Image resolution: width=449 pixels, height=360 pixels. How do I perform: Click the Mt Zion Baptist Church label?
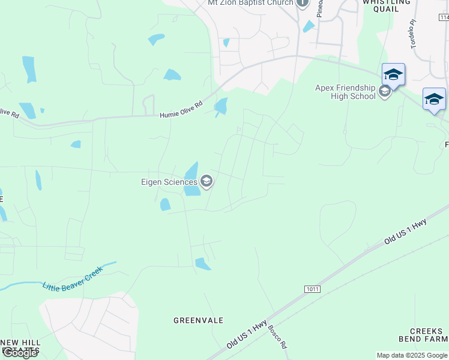point(250,3)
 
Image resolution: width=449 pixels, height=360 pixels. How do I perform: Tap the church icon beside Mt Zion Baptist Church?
point(303,2)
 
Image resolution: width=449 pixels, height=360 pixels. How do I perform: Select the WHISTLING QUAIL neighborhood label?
point(387,5)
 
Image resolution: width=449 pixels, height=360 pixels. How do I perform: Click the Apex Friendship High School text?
point(345,92)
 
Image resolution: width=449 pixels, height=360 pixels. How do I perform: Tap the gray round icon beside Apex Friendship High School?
point(385,92)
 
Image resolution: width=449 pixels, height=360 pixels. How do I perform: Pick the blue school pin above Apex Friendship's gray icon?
point(393,74)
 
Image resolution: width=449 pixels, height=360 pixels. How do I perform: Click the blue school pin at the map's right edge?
point(434,99)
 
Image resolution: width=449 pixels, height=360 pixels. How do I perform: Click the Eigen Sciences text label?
point(169,182)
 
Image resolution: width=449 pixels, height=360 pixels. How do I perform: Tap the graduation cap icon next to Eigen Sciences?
point(206,182)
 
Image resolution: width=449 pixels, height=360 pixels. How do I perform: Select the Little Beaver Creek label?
point(73,278)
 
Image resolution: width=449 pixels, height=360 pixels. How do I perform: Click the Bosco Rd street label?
point(278,338)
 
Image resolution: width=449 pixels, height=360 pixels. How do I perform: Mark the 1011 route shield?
point(312,289)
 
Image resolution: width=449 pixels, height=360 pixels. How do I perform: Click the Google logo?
point(20,353)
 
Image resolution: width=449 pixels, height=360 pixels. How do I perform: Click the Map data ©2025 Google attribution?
point(412,355)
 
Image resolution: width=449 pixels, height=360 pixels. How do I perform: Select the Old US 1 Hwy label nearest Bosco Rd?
point(247,335)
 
